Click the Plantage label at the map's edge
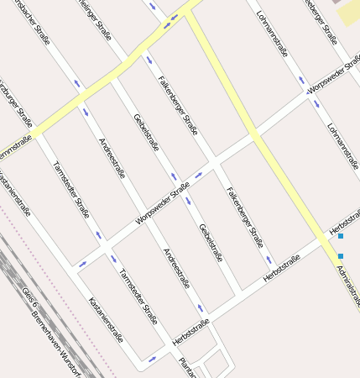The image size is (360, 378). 186,367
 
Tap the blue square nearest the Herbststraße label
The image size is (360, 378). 341,236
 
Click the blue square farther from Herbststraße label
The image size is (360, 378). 341,255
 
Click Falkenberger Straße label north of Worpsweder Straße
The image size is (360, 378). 179,105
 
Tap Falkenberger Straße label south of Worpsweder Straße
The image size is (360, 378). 245,216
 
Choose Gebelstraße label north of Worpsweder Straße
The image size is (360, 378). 147,132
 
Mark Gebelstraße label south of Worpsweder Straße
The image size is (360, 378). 211,243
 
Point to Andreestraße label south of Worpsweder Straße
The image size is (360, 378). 176,268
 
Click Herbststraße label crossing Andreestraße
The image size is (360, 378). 190,333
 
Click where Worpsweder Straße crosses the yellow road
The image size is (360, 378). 254,134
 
